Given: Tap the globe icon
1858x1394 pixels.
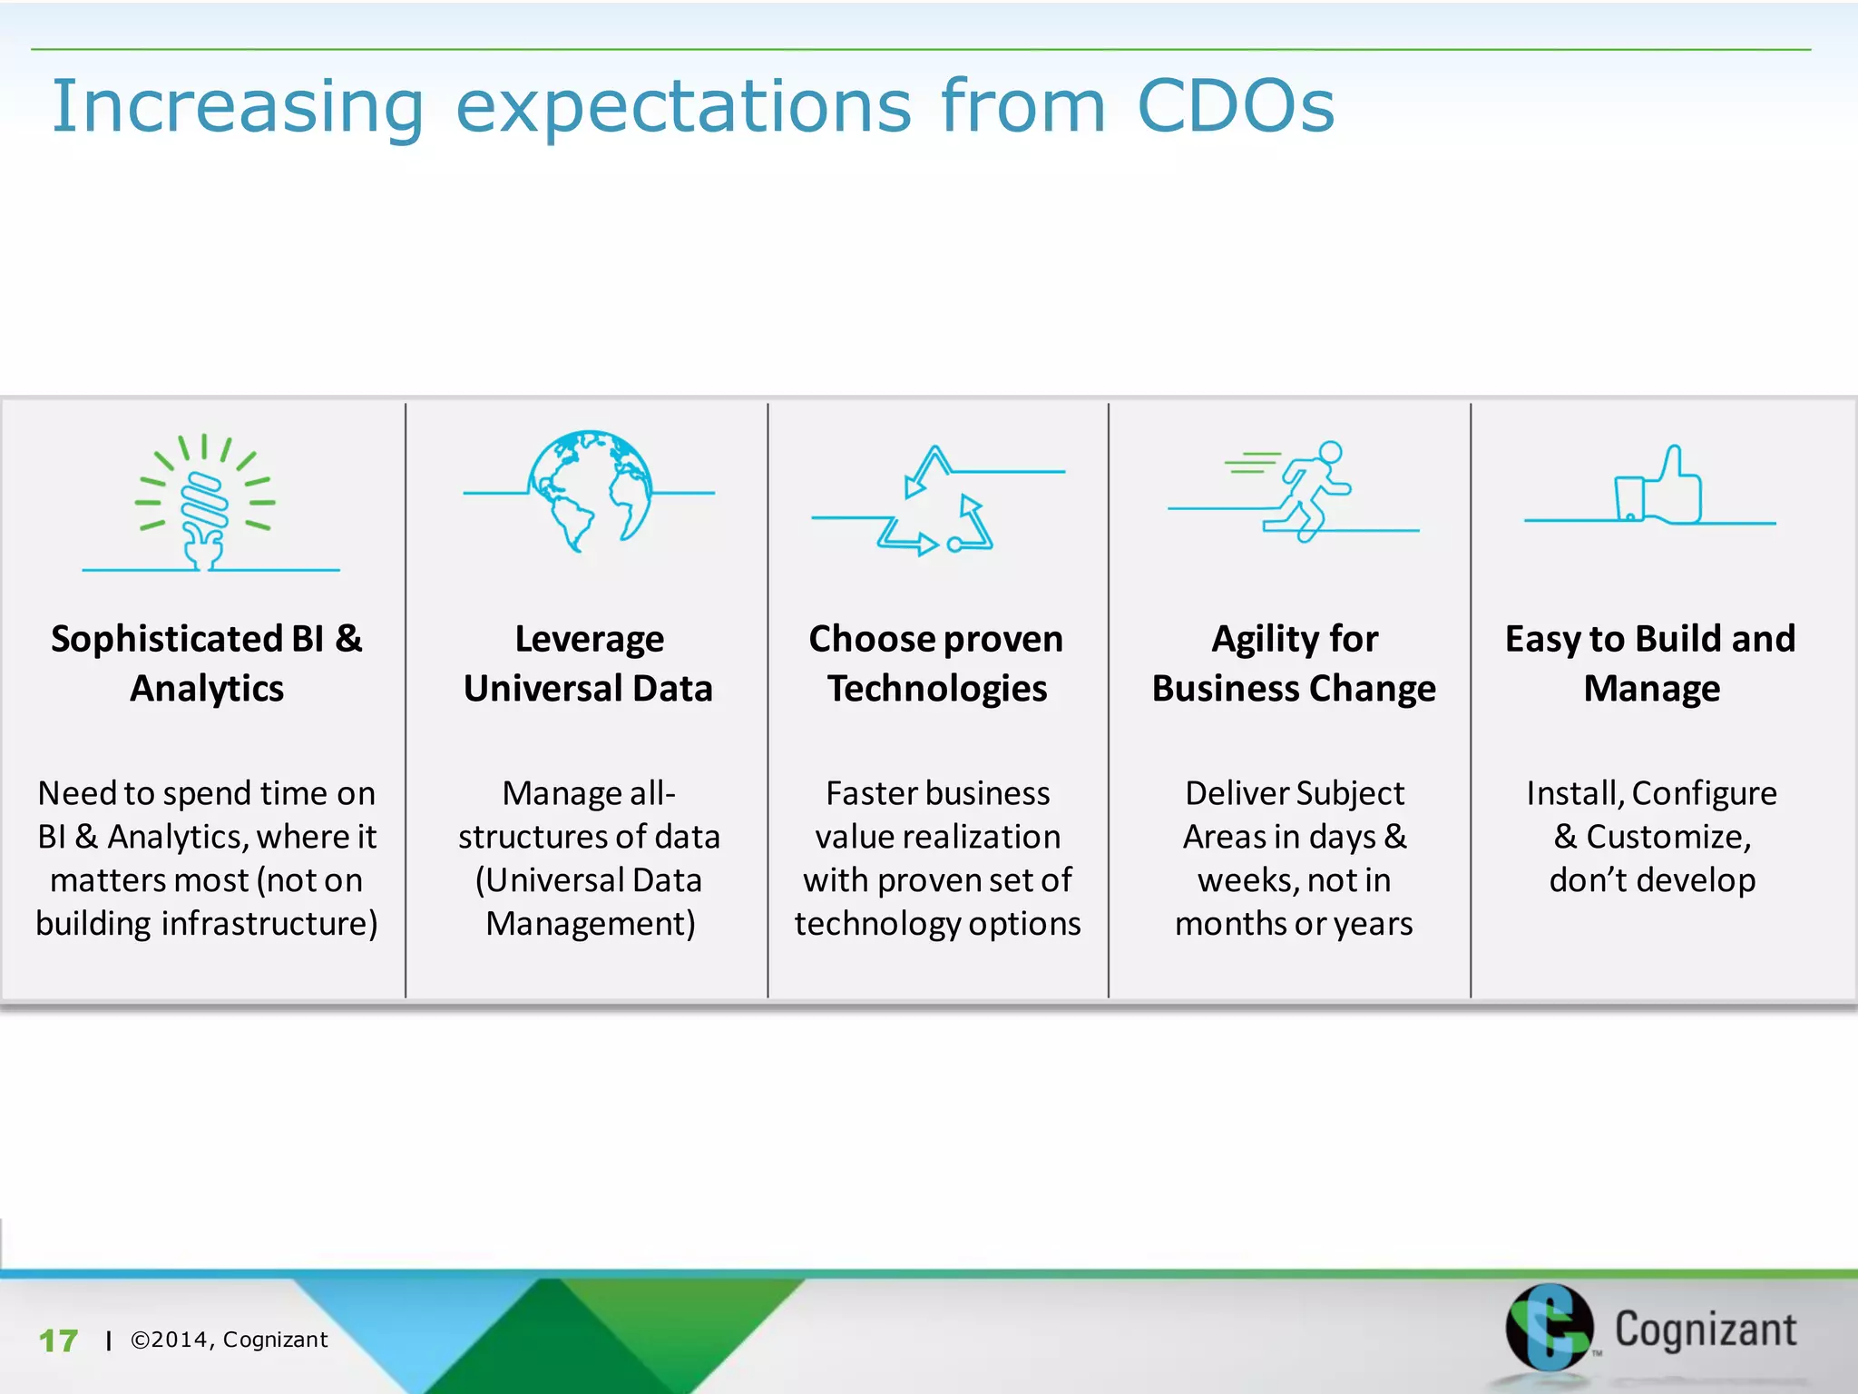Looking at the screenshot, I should pos(590,491).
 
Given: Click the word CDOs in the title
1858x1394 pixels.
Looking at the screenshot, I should pos(1235,106).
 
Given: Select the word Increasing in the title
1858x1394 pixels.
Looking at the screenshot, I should pos(238,107).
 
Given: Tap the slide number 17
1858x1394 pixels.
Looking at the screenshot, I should pos(58,1340).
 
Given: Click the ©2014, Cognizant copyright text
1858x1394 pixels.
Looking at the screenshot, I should pos(229,1340).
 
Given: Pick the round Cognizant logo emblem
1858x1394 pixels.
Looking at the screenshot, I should pos(1549,1327).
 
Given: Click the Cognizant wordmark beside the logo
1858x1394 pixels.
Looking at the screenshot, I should pos(1705,1330).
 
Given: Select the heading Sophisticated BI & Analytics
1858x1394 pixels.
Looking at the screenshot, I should pos(207,663).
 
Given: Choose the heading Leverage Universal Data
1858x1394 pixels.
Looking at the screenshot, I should pos(589,663).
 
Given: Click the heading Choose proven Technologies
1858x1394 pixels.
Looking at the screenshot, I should pos(936,663).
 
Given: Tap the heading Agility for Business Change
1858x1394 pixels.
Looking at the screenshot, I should pos(1294,663).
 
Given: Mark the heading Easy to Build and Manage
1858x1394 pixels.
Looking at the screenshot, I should pos(1651,663).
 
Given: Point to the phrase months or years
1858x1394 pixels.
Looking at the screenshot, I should pos(1294,924).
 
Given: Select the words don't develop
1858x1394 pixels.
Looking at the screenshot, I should pos(1651,880).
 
